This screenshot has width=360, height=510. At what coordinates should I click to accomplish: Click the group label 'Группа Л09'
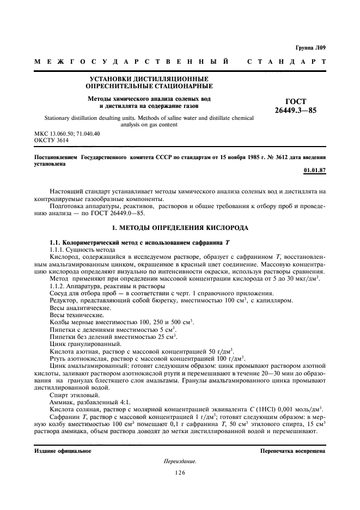(x=310, y=48)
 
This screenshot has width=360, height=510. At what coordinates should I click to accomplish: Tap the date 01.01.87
(x=315, y=170)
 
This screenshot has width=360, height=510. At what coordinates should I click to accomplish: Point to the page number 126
(x=180, y=472)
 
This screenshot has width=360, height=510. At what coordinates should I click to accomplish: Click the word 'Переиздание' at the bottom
(x=180, y=462)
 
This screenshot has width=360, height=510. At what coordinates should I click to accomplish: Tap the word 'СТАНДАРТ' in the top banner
(x=286, y=62)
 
